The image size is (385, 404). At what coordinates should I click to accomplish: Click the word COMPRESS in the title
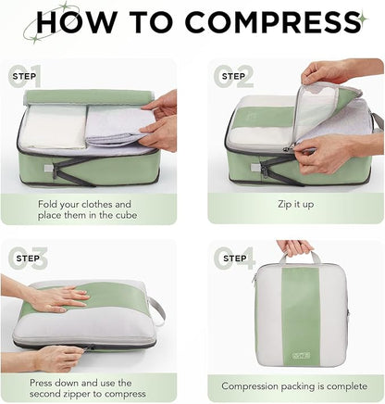(x=268, y=23)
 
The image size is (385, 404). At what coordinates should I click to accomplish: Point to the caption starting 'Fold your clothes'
(x=97, y=209)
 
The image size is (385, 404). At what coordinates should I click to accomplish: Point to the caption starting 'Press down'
(x=97, y=387)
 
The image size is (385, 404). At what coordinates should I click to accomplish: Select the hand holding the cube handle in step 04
(x=295, y=247)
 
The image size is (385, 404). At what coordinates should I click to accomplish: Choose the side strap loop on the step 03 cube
(x=157, y=309)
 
